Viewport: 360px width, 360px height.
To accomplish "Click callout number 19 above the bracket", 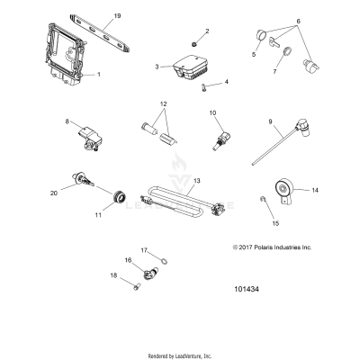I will point(116,17).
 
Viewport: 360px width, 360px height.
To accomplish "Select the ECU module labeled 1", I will point(62,58).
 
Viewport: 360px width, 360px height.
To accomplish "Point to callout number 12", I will point(163,105).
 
